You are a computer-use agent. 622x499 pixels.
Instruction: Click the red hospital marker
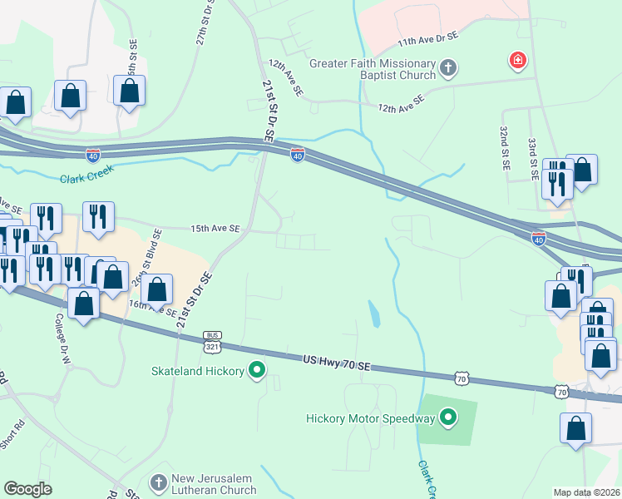[x=517, y=61]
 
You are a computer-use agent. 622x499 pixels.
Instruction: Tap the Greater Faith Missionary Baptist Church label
[x=373, y=69]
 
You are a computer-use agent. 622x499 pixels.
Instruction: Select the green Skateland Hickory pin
[x=258, y=370]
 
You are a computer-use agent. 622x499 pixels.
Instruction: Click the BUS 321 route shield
[x=213, y=340]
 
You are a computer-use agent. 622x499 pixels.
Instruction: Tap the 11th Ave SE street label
[x=428, y=39]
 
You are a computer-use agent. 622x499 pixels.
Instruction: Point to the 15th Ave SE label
[x=215, y=228]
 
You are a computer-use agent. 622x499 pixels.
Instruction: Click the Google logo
[x=28, y=489]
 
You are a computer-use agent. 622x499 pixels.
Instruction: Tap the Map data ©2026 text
[x=585, y=492]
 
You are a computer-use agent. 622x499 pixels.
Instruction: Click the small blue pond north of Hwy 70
[x=375, y=314]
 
